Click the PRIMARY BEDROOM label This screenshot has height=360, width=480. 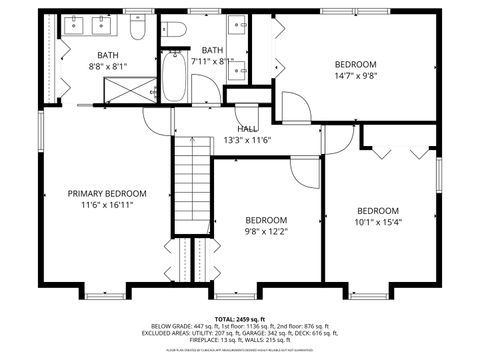pyautogui.click(x=107, y=193)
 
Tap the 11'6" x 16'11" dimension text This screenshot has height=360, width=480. pyautogui.click(x=107, y=205)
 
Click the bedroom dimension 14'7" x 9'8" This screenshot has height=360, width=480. pyautogui.click(x=355, y=75)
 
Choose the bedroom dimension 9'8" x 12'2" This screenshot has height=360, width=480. pyautogui.click(x=267, y=232)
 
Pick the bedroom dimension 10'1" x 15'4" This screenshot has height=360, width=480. pyautogui.click(x=378, y=222)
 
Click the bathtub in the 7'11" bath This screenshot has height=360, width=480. pyautogui.click(x=175, y=78)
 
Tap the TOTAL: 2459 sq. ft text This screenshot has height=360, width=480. pyautogui.click(x=240, y=317)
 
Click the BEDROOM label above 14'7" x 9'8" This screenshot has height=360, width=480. pyautogui.click(x=355, y=63)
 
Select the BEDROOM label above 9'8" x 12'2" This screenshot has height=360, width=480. pyautogui.click(x=267, y=220)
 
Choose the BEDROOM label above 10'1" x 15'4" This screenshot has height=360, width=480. pyautogui.click(x=378, y=210)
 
